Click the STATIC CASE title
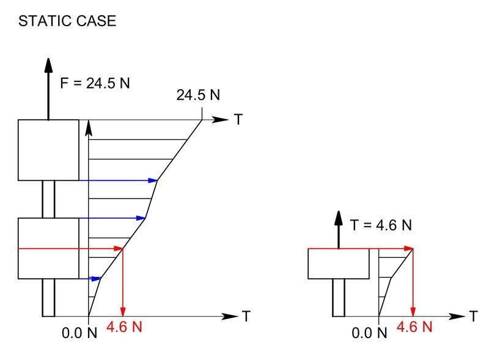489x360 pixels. coord(67,21)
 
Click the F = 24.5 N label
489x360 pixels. coord(95,83)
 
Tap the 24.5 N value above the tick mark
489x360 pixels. coord(198,95)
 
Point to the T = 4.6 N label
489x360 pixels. coord(381,225)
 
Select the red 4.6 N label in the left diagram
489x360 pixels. coord(124,327)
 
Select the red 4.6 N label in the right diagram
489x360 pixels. coord(414,327)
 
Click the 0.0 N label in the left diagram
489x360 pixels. coord(79,333)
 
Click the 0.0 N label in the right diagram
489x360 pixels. coord(369,333)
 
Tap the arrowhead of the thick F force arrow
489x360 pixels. coord(48,65)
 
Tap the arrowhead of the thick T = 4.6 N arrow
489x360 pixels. coord(339,218)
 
